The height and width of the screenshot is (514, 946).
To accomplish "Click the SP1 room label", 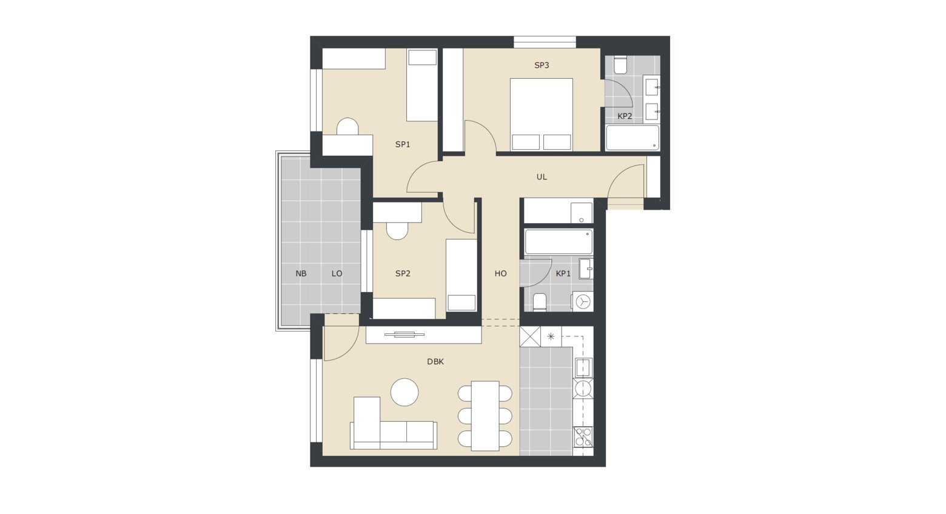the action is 403,144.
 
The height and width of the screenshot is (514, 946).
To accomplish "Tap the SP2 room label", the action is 403,273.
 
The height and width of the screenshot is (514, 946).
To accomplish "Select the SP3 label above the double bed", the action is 542,65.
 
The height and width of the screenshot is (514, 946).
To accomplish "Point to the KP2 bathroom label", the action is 625,116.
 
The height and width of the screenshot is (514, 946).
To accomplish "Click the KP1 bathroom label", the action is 563,273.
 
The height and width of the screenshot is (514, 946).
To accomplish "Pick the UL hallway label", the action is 542,177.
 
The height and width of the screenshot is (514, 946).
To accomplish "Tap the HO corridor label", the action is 500,273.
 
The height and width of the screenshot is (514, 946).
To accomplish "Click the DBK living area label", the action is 435,362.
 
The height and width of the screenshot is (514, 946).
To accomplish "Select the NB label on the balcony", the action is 301,273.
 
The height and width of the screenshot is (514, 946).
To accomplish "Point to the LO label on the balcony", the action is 337,273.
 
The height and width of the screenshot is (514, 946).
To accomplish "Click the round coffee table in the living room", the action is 404,392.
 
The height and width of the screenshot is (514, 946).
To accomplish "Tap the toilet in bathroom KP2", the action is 620,65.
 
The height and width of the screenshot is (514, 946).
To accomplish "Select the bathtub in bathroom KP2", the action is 632,138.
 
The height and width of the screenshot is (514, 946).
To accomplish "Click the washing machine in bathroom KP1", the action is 583,301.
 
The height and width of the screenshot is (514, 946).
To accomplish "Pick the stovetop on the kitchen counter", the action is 583,437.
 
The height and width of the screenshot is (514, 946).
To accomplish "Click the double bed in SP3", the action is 542,115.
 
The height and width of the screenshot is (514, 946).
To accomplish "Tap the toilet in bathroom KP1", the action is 539,302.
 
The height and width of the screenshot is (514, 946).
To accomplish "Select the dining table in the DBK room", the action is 485,416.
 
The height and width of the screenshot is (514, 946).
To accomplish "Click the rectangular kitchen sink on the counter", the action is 583,367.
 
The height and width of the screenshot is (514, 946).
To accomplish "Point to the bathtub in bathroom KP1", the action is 559,242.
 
